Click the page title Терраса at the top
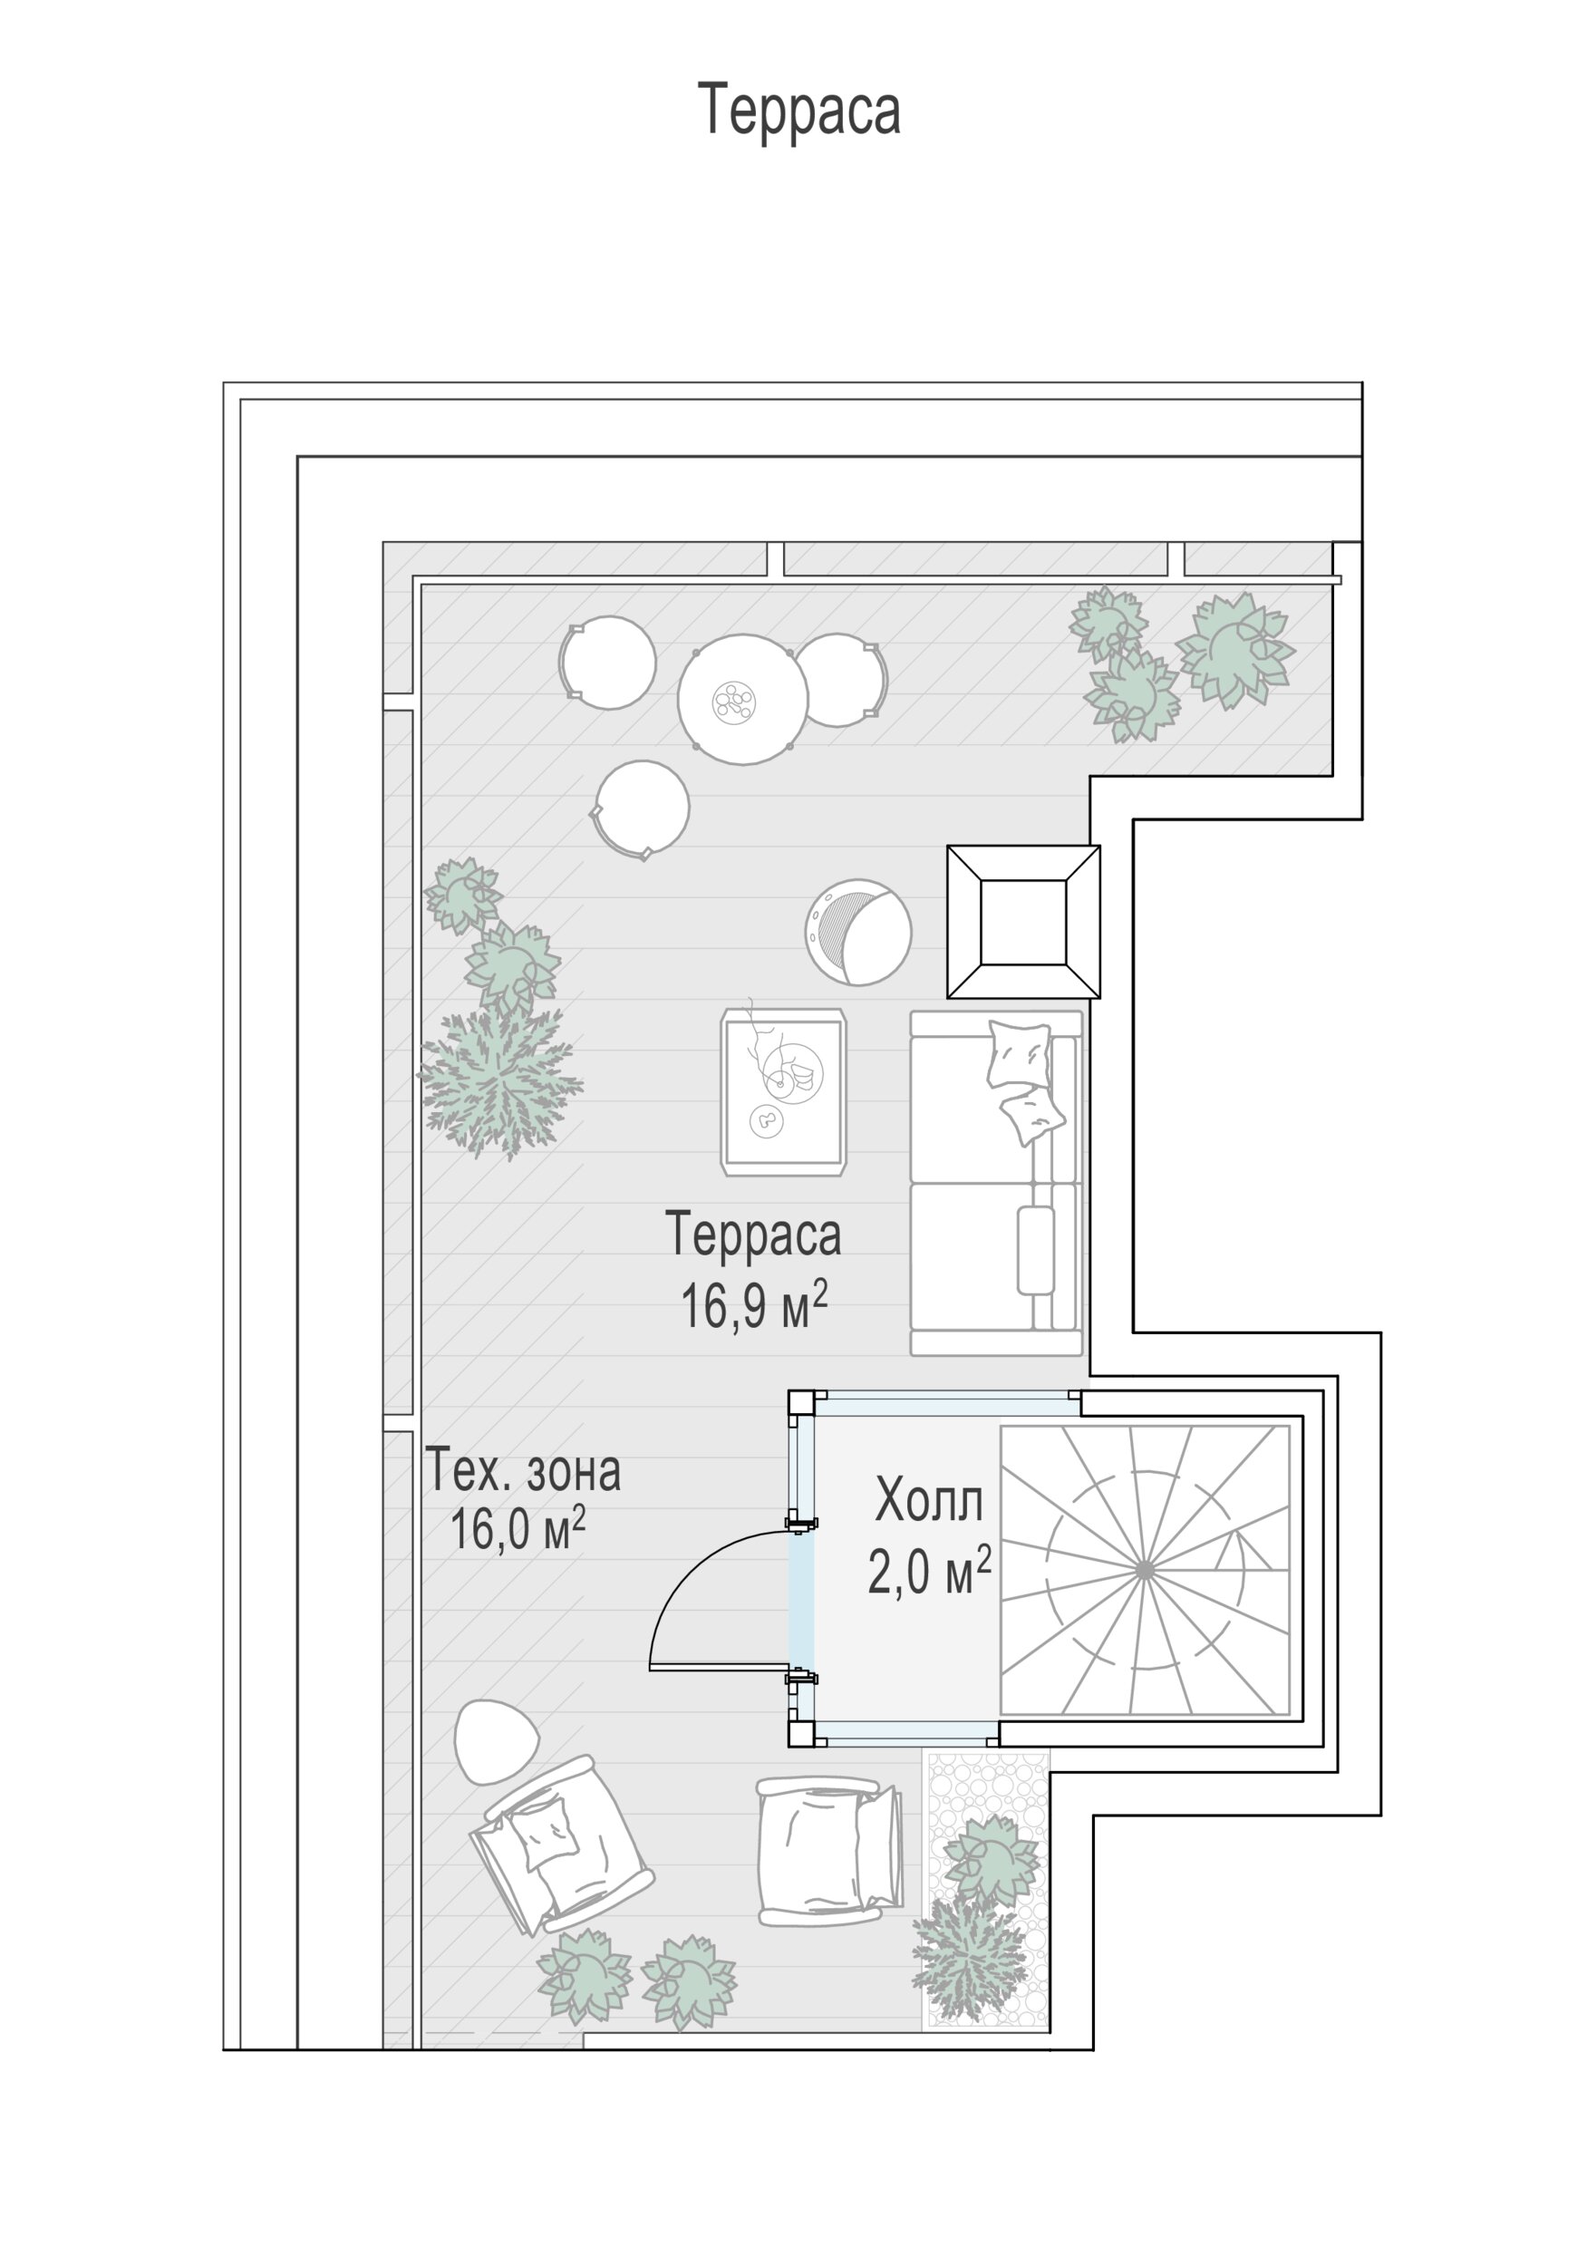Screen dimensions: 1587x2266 tap(798, 110)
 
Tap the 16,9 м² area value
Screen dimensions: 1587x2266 tap(753, 1304)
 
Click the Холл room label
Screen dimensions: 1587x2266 tap(929, 1501)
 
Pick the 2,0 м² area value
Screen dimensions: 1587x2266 tap(929, 1570)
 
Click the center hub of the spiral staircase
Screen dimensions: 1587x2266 tap(1144, 1568)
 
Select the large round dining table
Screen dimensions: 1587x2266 tap(742, 698)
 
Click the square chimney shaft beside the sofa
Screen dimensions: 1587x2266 tap(1023, 922)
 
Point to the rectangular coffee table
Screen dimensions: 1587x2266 tap(784, 1091)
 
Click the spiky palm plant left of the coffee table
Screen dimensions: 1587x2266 tap(499, 1081)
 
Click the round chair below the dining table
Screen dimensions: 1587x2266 tap(642, 809)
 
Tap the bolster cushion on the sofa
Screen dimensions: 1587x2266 tap(1035, 1249)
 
